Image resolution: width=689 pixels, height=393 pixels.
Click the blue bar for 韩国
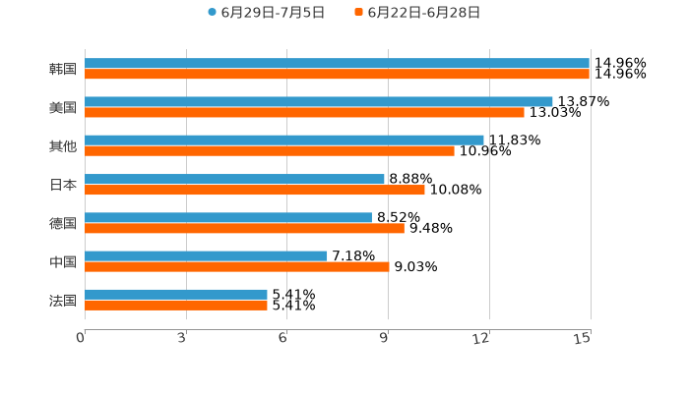(x=337, y=63)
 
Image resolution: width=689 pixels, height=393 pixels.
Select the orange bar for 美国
(x=304, y=113)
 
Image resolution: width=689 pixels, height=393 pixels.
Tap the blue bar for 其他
(x=284, y=140)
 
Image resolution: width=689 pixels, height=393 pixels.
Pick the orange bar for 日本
(x=255, y=190)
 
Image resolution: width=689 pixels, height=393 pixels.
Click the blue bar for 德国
(x=228, y=217)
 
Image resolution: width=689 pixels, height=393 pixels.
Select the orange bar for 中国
(x=237, y=266)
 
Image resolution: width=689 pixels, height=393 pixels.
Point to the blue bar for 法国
(x=176, y=294)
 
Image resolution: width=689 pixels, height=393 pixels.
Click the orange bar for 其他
(x=270, y=151)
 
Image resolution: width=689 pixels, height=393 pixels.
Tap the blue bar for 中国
(x=206, y=255)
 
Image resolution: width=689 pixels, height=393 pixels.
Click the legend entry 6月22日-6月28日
(x=423, y=13)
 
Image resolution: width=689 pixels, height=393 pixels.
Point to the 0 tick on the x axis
(x=82, y=338)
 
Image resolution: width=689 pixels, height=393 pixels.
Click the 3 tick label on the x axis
(x=183, y=338)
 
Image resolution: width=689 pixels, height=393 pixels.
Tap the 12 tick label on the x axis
(x=481, y=338)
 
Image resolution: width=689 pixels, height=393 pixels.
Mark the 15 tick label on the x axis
(x=583, y=338)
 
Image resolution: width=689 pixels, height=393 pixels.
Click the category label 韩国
(x=63, y=69)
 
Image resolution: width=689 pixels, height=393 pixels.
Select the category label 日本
(x=63, y=185)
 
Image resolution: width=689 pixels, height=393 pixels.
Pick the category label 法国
(x=63, y=300)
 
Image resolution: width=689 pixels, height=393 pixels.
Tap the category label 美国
(x=63, y=107)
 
